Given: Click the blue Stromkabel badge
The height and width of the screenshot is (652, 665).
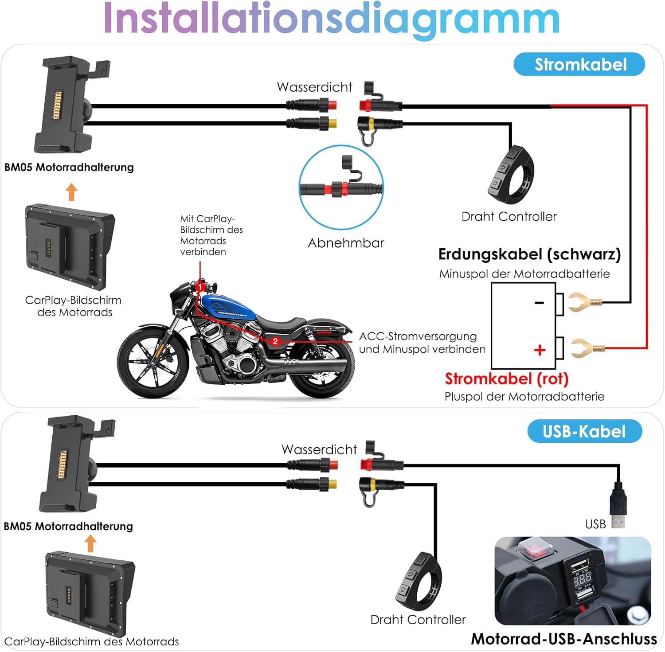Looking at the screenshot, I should click(579, 64).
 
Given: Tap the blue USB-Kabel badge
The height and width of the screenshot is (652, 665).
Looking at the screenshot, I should click(584, 431).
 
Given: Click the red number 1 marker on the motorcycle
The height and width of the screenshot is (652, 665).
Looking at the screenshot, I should click(200, 287).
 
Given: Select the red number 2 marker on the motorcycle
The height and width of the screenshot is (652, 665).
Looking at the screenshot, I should click(275, 341).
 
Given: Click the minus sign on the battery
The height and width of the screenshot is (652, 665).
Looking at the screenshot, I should click(539, 303).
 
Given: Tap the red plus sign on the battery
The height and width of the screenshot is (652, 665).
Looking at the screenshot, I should click(540, 350).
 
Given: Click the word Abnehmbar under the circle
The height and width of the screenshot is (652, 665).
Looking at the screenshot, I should click(346, 243).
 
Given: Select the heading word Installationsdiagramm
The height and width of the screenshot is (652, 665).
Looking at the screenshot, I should click(332, 19).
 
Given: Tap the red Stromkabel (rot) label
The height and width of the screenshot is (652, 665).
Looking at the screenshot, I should click(506, 379).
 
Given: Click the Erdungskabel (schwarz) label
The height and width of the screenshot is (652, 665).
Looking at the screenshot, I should click(529, 254).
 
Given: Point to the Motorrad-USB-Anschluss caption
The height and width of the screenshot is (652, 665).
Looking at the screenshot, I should click(563, 639).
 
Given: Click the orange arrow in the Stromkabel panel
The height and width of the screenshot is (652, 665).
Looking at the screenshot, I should click(71, 192).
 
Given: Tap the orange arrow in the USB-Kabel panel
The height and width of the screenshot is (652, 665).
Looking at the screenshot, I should click(90, 543).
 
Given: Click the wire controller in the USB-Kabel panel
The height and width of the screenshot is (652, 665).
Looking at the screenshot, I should click(419, 581).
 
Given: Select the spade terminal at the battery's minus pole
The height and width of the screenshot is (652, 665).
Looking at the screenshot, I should click(584, 302).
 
